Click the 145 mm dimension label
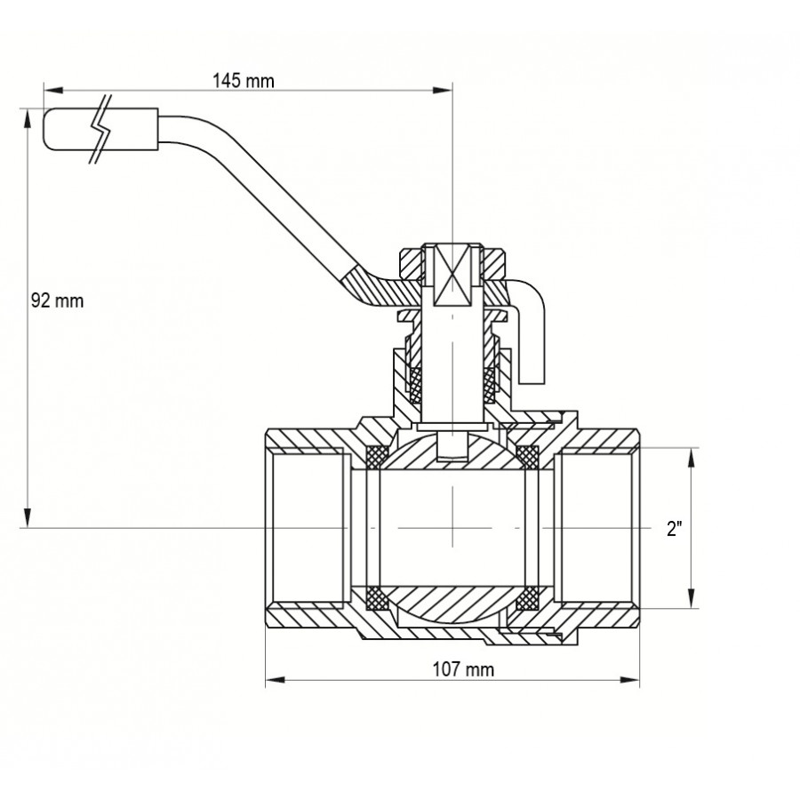(243, 81)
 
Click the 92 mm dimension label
(57, 301)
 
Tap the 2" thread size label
(675, 529)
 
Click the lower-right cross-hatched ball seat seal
(532, 599)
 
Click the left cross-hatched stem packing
(414, 382)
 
